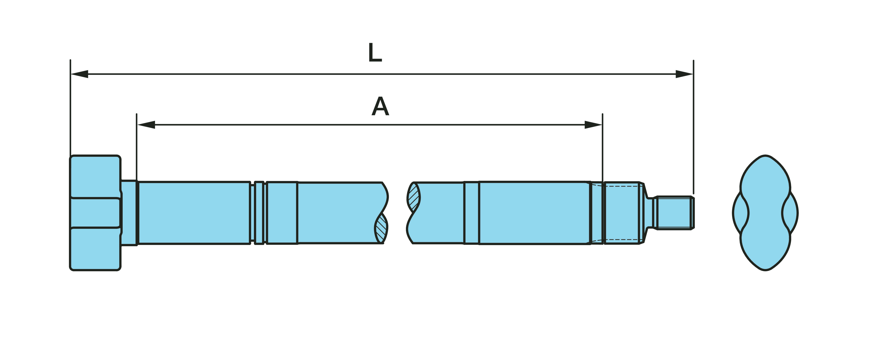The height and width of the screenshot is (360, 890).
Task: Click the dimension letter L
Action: tap(375, 53)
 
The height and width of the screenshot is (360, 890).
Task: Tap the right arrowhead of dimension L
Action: tap(684, 74)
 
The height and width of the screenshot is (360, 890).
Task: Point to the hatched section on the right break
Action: tap(414, 197)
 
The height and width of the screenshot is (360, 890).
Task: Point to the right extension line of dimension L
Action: tap(693, 127)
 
